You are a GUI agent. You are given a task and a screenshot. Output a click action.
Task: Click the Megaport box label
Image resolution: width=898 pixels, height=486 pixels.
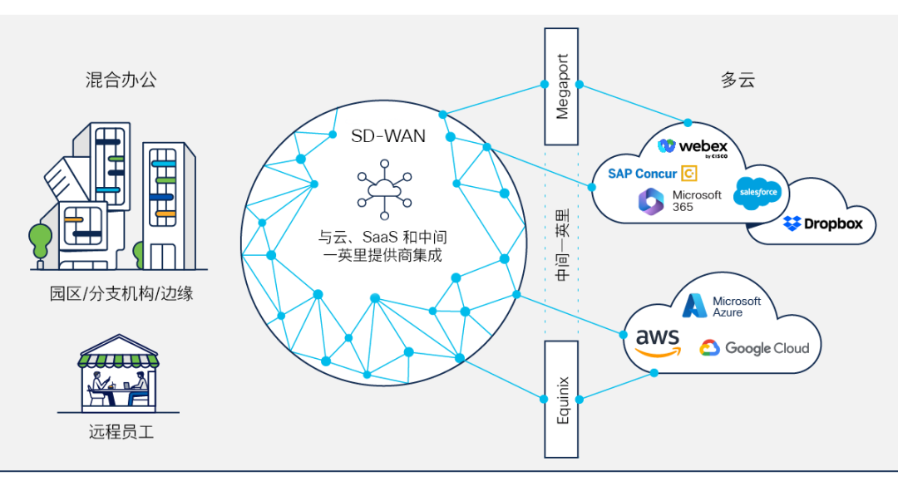pyautogui.click(x=562, y=86)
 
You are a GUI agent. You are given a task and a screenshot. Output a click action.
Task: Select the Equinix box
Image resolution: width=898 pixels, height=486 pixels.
pyautogui.click(x=562, y=400)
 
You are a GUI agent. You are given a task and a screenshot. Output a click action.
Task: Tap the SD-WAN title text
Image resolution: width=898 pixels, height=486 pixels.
pyautogui.click(x=388, y=135)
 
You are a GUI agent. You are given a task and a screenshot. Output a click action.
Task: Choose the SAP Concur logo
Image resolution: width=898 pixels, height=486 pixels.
pyautogui.click(x=652, y=174)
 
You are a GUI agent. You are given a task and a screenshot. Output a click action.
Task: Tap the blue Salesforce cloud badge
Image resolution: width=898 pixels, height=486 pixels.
pyautogui.click(x=757, y=194)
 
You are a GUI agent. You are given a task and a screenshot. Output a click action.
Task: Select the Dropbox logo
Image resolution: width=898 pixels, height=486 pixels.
pyautogui.click(x=822, y=223)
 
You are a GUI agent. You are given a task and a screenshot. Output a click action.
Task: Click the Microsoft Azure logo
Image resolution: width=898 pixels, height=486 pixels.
pyautogui.click(x=721, y=306)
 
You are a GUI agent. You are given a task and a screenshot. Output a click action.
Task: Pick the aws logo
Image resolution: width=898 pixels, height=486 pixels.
pyautogui.click(x=658, y=342)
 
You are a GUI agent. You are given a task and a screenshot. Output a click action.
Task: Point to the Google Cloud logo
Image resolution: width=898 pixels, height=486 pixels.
pyautogui.click(x=754, y=348)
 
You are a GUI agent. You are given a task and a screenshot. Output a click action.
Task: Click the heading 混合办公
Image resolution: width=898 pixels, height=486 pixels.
pyautogui.click(x=121, y=80)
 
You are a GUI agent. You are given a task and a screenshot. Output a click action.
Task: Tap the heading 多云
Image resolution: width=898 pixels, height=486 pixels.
pyautogui.click(x=738, y=80)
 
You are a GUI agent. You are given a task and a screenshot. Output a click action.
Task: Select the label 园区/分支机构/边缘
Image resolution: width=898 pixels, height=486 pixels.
pyautogui.click(x=121, y=293)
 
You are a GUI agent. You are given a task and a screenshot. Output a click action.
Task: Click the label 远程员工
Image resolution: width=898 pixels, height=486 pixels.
pyautogui.click(x=121, y=432)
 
